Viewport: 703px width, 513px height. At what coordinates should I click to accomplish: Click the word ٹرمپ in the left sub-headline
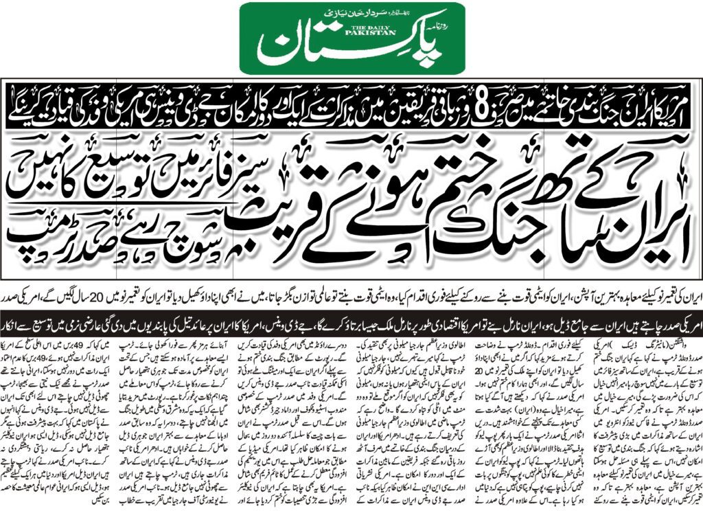click(41, 240)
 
